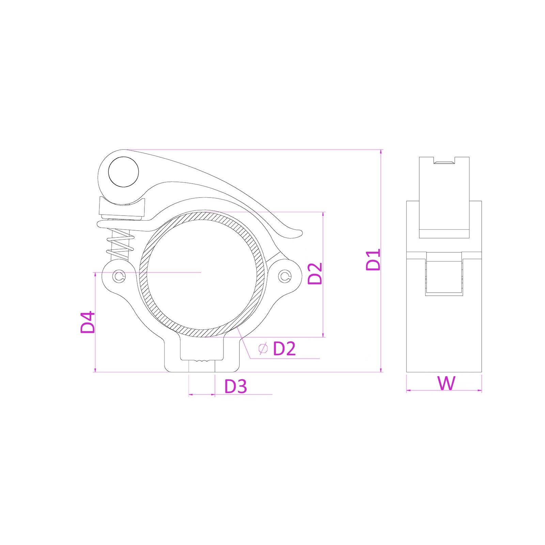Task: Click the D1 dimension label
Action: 373,260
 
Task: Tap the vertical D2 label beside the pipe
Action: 315,274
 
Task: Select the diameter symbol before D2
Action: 263,348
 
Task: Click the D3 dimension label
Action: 236,386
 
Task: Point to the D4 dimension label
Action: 88,322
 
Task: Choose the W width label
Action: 446,383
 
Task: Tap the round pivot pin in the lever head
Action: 123,172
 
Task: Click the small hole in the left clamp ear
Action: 119,276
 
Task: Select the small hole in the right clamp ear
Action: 285,276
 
